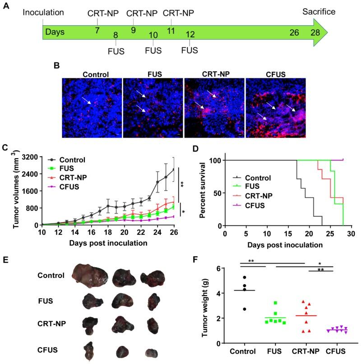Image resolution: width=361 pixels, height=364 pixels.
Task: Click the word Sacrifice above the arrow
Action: pyautogui.click(x=319, y=11)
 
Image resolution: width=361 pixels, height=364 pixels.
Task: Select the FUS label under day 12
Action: pyautogui.click(x=190, y=50)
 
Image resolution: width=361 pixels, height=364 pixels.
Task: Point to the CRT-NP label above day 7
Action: pyautogui.click(x=103, y=13)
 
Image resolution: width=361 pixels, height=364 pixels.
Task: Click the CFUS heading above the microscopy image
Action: pyautogui.click(x=276, y=74)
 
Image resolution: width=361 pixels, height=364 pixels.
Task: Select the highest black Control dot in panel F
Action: pyautogui.click(x=245, y=278)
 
